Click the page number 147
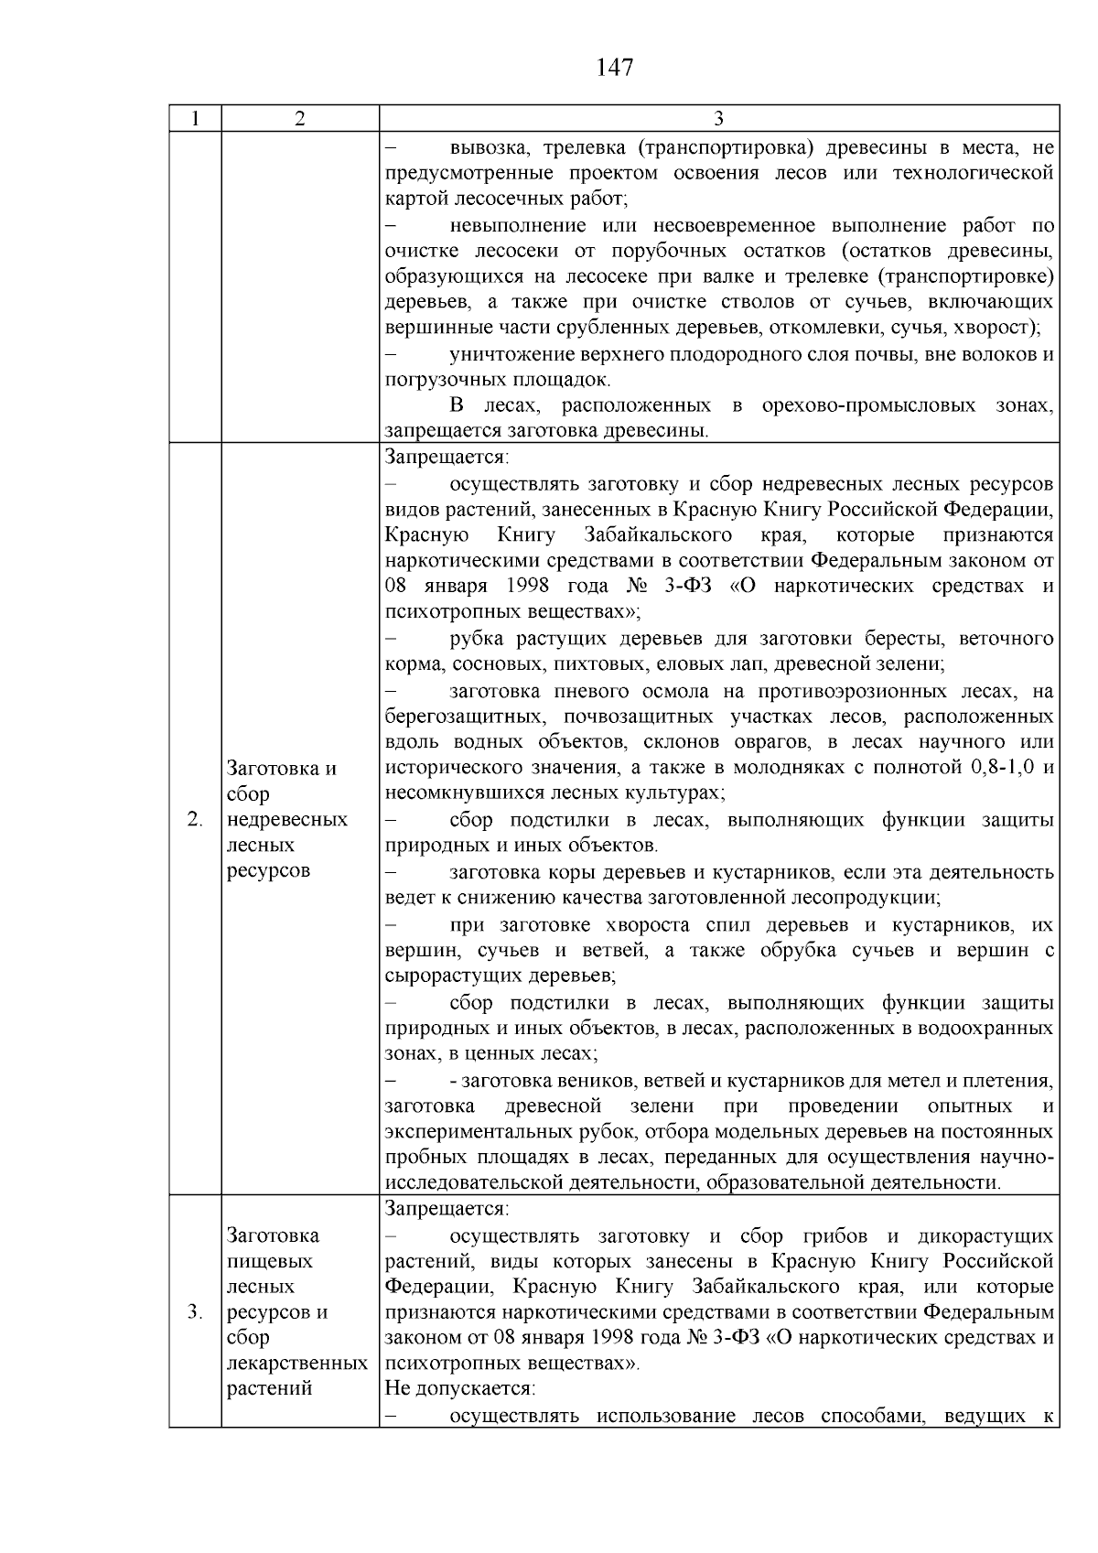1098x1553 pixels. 614,67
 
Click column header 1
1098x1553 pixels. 195,119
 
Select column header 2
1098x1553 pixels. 300,119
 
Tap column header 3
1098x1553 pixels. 718,119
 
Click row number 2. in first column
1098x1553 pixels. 195,819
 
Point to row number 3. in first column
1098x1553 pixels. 195,1311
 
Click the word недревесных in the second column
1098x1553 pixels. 286,819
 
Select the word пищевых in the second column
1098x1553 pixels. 269,1261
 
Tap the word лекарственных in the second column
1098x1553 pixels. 296,1363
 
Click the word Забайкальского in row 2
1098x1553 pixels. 657,534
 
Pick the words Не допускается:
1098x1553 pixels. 459,1388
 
